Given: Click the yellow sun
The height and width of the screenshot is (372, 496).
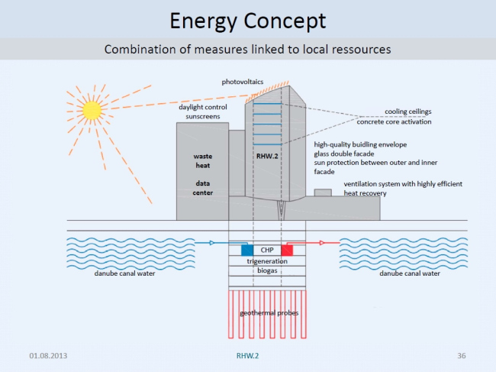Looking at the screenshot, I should point(92,111).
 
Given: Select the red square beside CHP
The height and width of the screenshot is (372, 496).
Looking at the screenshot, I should point(287,250).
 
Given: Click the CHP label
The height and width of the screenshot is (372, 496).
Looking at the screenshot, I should point(267,250).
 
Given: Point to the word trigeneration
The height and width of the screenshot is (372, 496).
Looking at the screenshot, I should point(266,262).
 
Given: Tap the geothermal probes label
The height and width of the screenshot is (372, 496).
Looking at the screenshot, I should point(266,313).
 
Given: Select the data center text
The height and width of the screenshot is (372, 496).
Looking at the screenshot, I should point(202,188).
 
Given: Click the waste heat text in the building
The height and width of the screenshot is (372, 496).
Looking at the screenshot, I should point(202,162).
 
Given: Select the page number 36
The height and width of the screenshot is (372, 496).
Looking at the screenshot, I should point(462,356).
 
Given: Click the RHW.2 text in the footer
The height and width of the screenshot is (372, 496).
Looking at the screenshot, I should point(247,356).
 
